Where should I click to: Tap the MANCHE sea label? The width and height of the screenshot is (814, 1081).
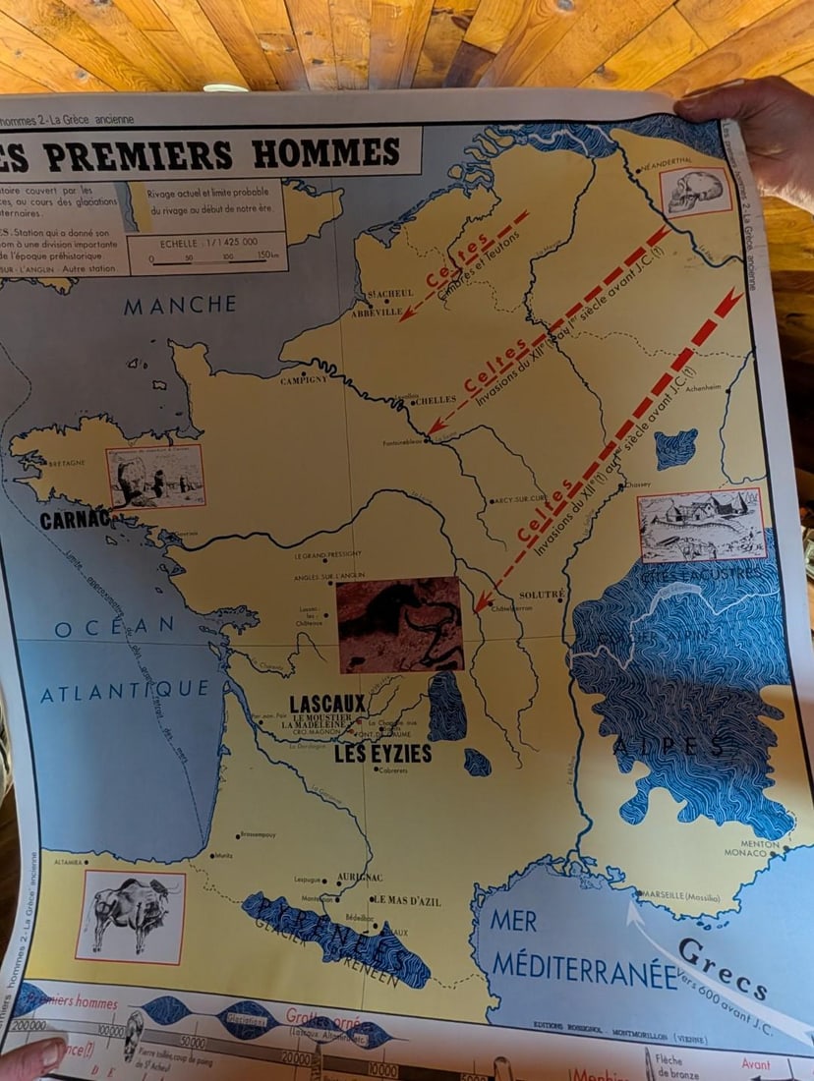pyautogui.click(x=180, y=306)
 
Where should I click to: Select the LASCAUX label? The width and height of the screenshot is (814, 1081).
pyautogui.click(x=328, y=704)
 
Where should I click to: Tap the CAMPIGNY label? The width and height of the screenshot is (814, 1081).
pyautogui.click(x=304, y=379)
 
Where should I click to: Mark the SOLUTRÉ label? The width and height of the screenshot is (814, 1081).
pyautogui.click(x=542, y=595)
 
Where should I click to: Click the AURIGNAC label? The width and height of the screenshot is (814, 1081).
pyautogui.click(x=358, y=878)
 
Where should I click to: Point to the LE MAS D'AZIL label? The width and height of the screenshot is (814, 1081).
pyautogui.click(x=406, y=900)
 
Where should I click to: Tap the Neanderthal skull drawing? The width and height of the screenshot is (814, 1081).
pyautogui.click(x=695, y=191)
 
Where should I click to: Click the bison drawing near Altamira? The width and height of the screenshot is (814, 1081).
pyautogui.click(x=130, y=915)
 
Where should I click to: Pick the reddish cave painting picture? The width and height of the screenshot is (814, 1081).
pyautogui.click(x=399, y=625)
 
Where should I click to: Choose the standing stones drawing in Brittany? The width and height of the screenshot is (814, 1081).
pyautogui.click(x=154, y=477)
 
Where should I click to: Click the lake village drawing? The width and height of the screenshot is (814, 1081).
pyautogui.click(x=701, y=525)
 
